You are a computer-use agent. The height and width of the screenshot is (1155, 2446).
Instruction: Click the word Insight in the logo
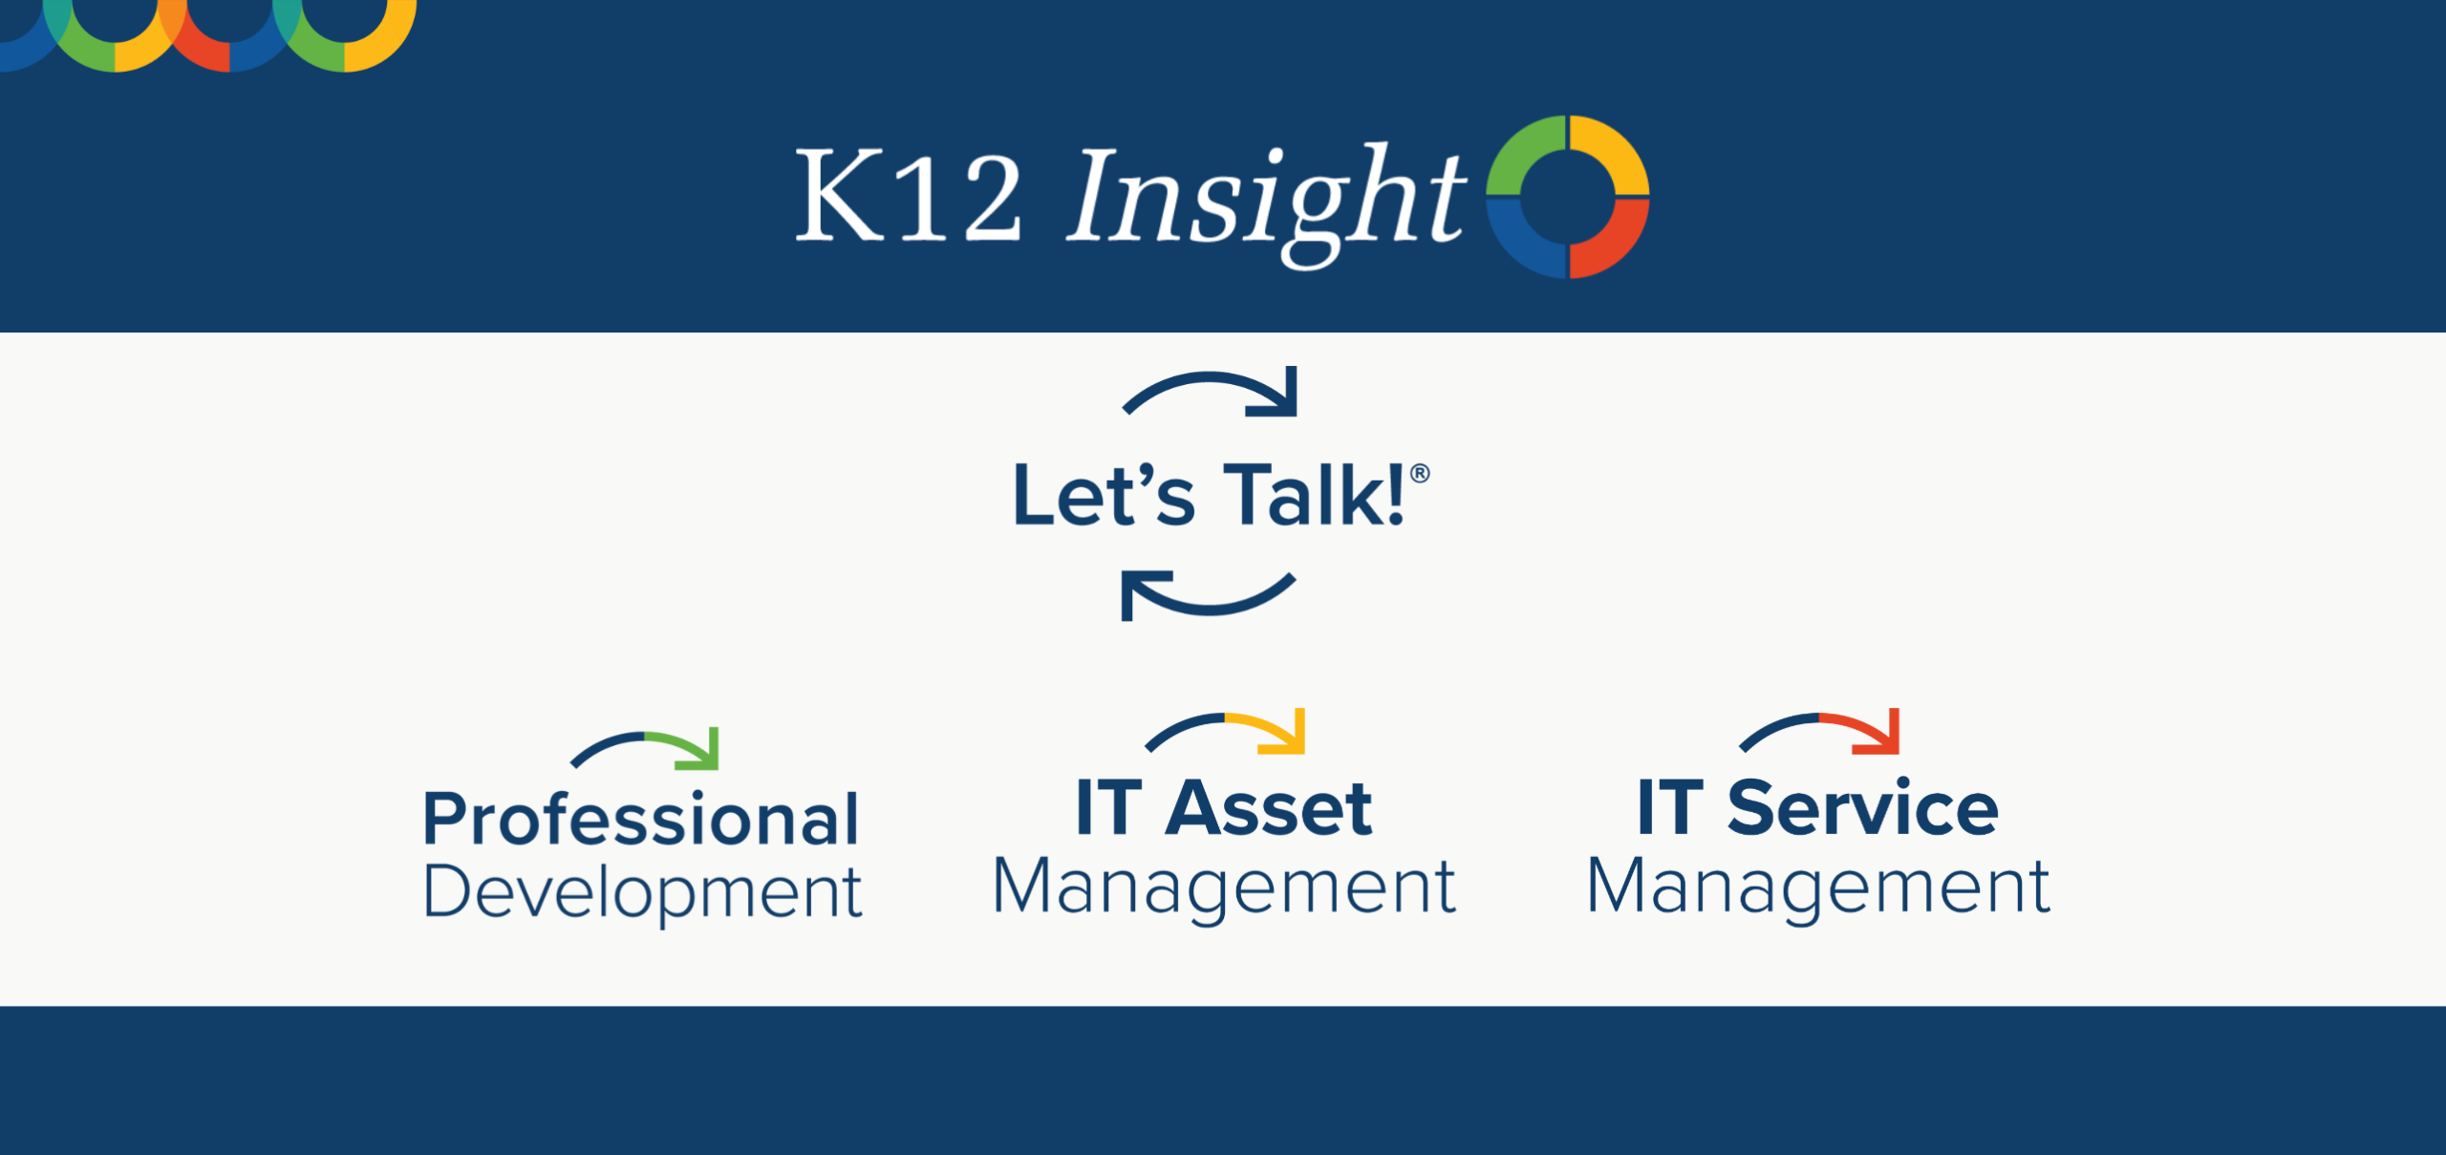(1266, 199)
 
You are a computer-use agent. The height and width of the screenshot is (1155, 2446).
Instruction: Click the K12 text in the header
(908, 199)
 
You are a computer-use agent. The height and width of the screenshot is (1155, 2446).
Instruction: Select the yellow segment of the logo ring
(1613, 153)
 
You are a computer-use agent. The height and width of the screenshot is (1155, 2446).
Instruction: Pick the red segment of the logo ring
(1613, 241)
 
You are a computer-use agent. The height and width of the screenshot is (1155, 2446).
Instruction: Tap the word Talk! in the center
(1314, 495)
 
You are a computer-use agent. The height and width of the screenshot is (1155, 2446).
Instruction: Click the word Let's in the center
(1104, 495)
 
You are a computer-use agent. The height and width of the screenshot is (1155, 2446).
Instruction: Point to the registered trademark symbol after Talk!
(1420, 474)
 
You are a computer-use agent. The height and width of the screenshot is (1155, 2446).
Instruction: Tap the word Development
(642, 892)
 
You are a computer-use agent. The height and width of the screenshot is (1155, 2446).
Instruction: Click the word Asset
(1268, 808)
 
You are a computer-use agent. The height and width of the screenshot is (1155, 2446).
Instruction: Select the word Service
(1862, 808)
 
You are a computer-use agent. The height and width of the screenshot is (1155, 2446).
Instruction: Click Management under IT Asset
(1224, 887)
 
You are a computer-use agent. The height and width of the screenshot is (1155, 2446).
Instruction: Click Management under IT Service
(1818, 887)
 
